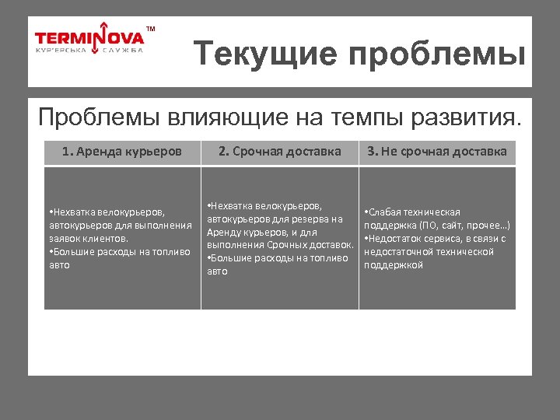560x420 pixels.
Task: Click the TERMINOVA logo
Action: (x=89, y=37)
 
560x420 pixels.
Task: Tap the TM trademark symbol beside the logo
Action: (x=151, y=29)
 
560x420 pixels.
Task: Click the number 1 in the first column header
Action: (x=65, y=152)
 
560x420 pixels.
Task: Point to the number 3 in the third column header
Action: (x=372, y=152)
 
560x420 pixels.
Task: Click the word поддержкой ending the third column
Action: (x=394, y=265)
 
